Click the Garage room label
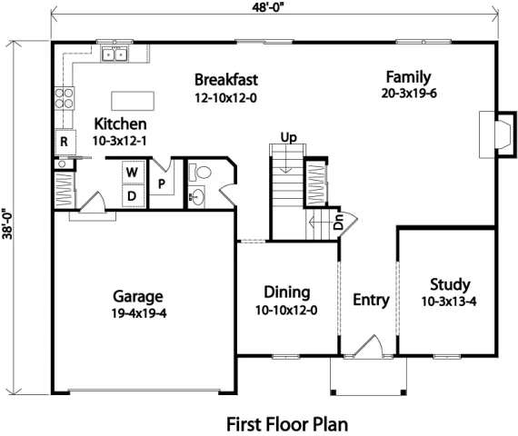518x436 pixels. click(x=138, y=296)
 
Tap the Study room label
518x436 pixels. click(x=449, y=283)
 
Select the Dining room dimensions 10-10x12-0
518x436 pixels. click(x=286, y=310)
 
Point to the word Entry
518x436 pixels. click(x=371, y=300)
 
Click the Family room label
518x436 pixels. click(x=408, y=77)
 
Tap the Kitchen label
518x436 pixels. click(x=121, y=124)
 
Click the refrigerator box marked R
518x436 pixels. click(x=65, y=141)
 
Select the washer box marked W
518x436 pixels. click(x=131, y=172)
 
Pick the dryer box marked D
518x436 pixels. click(x=131, y=194)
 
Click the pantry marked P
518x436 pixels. click(x=162, y=183)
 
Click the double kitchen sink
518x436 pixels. click(x=115, y=55)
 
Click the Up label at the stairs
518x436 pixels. click(x=289, y=137)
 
